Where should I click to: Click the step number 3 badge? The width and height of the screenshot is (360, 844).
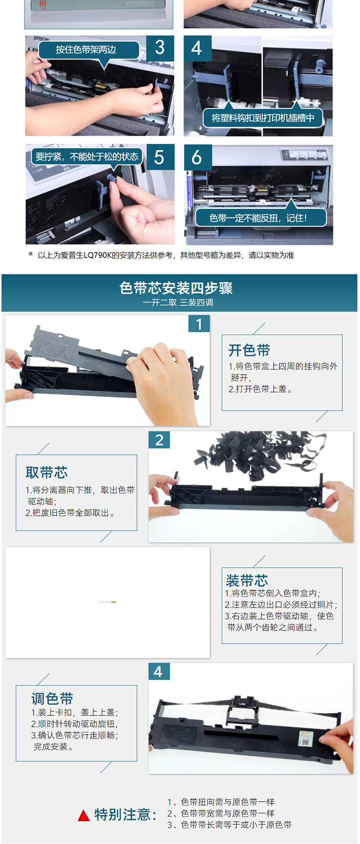click(160, 48)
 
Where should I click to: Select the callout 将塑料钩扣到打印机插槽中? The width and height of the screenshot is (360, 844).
click(263, 118)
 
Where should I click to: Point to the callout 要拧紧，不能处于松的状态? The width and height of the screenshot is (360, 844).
click(87, 156)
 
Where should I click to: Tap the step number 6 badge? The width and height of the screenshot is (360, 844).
click(197, 157)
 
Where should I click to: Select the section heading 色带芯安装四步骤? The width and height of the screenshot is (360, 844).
click(176, 288)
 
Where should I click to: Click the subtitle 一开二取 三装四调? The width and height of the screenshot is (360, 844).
click(178, 303)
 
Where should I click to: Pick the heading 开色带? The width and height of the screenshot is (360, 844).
click(249, 350)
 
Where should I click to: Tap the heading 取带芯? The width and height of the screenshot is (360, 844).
click(47, 473)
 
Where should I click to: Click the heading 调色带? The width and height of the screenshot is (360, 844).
click(52, 699)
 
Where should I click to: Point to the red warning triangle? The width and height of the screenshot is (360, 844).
click(84, 815)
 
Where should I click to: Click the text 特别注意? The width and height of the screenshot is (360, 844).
click(125, 815)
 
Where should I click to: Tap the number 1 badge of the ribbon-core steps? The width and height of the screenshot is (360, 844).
click(199, 324)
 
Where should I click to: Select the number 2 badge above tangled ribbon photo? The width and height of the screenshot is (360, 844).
click(159, 440)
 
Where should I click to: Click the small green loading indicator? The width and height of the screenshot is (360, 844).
click(114, 602)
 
